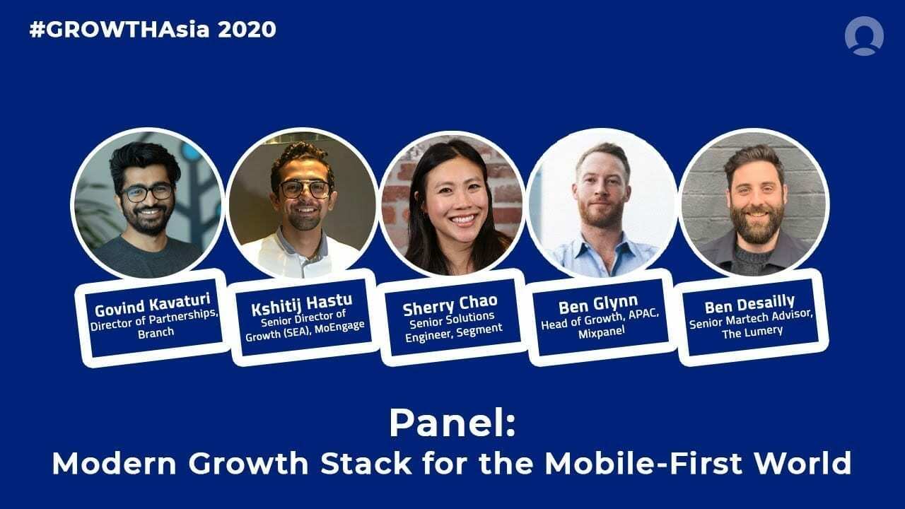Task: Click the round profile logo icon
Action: pyautogui.click(x=864, y=36)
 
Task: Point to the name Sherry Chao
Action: pyautogui.click(x=450, y=308)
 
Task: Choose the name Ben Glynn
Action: pyautogui.click(x=598, y=306)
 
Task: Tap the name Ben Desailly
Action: pyautogui.click(x=749, y=305)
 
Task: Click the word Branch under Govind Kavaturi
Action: pyautogui.click(x=156, y=332)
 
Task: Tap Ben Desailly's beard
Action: pyautogui.click(x=754, y=227)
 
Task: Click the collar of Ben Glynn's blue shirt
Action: pyautogui.click(x=601, y=244)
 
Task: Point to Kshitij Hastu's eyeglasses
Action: pyautogui.click(x=305, y=189)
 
